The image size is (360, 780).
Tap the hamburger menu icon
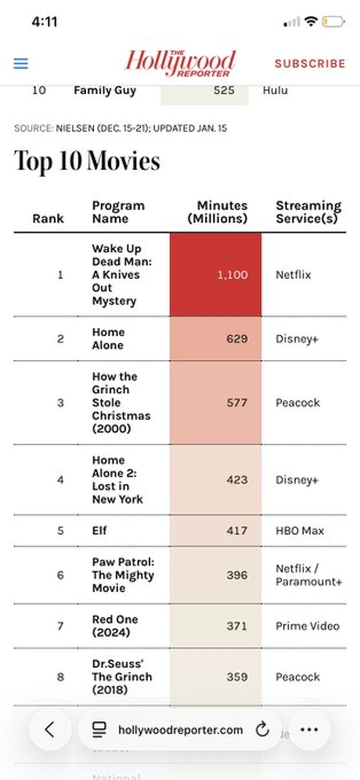[x=21, y=63]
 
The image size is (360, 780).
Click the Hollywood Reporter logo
[x=180, y=63]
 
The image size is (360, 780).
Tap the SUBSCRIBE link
[x=309, y=63]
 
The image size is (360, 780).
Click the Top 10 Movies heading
[x=87, y=161]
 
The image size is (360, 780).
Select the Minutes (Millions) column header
[x=217, y=212]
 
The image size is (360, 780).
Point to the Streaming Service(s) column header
[x=308, y=212]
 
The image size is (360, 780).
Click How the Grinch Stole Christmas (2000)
[x=121, y=403]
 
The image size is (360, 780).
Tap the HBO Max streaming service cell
[x=299, y=530]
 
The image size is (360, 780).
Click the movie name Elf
[x=100, y=530]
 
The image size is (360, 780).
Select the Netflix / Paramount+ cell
[x=308, y=575]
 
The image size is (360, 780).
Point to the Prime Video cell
[x=307, y=626]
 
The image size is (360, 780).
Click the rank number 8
[x=61, y=677]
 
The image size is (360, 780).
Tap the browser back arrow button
[x=50, y=729]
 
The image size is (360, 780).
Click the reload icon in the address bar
[x=262, y=729]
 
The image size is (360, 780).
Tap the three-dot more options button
[x=309, y=729]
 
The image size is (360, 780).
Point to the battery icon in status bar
[x=333, y=21]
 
